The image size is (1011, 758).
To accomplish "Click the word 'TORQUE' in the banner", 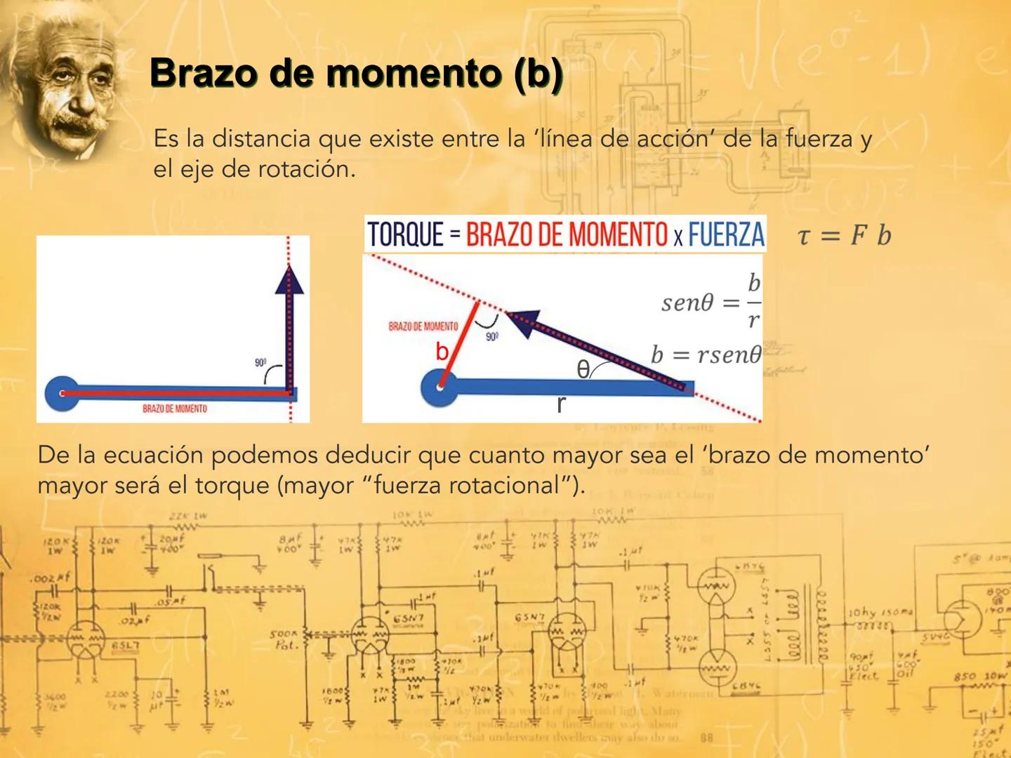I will (x=405, y=234).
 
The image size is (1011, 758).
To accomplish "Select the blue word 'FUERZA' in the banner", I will (x=726, y=234).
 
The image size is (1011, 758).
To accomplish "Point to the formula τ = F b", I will (x=844, y=235).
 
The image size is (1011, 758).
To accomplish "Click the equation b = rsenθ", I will (x=706, y=354).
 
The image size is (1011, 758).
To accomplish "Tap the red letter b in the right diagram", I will (x=442, y=351).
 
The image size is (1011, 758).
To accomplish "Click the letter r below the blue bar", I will (x=560, y=404).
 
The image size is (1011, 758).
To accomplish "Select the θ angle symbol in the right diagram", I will (x=583, y=369).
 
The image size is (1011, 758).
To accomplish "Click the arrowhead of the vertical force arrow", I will (x=289, y=279).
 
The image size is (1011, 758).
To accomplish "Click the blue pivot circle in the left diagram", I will (x=62, y=394).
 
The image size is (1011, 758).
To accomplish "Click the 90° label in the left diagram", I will (x=260, y=363).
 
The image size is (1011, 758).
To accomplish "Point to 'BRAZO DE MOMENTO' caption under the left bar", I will (x=175, y=408).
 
